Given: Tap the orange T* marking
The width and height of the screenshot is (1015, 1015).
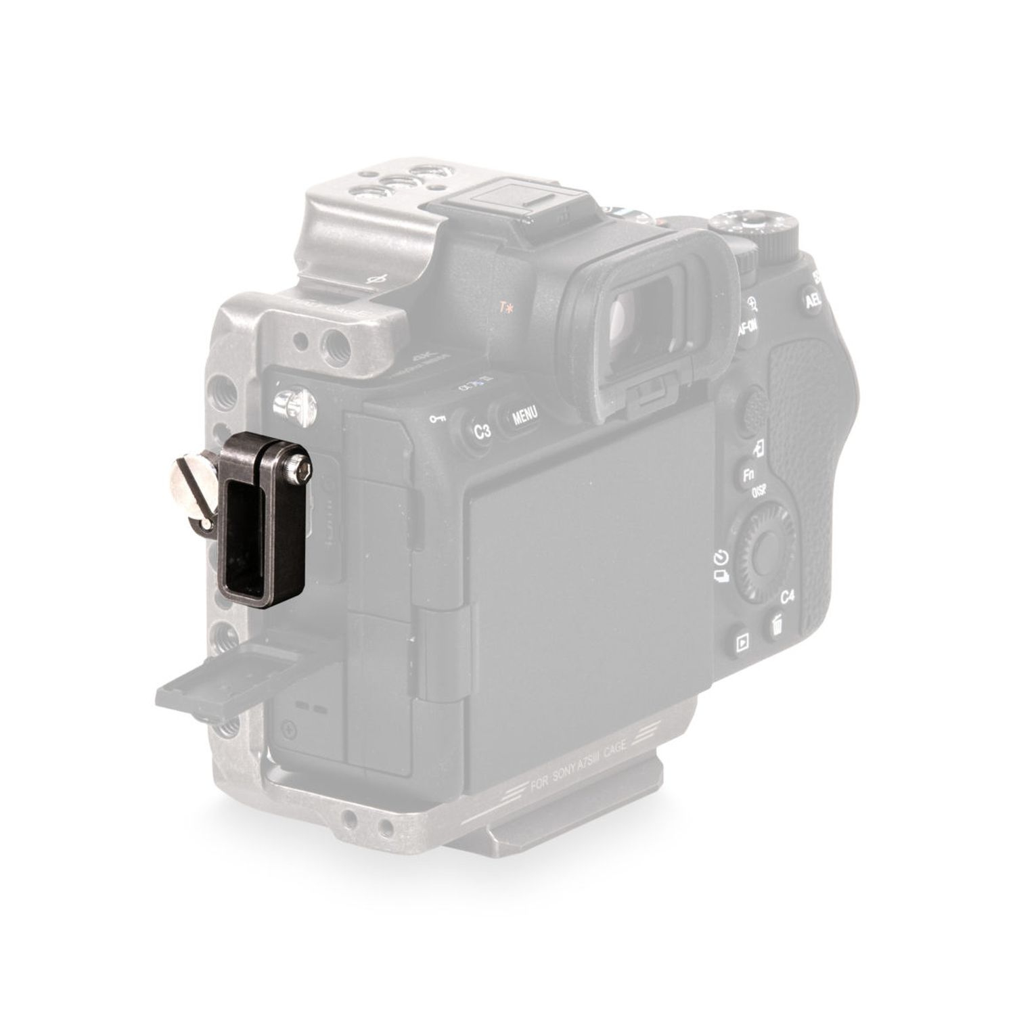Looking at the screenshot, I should (505, 309).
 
